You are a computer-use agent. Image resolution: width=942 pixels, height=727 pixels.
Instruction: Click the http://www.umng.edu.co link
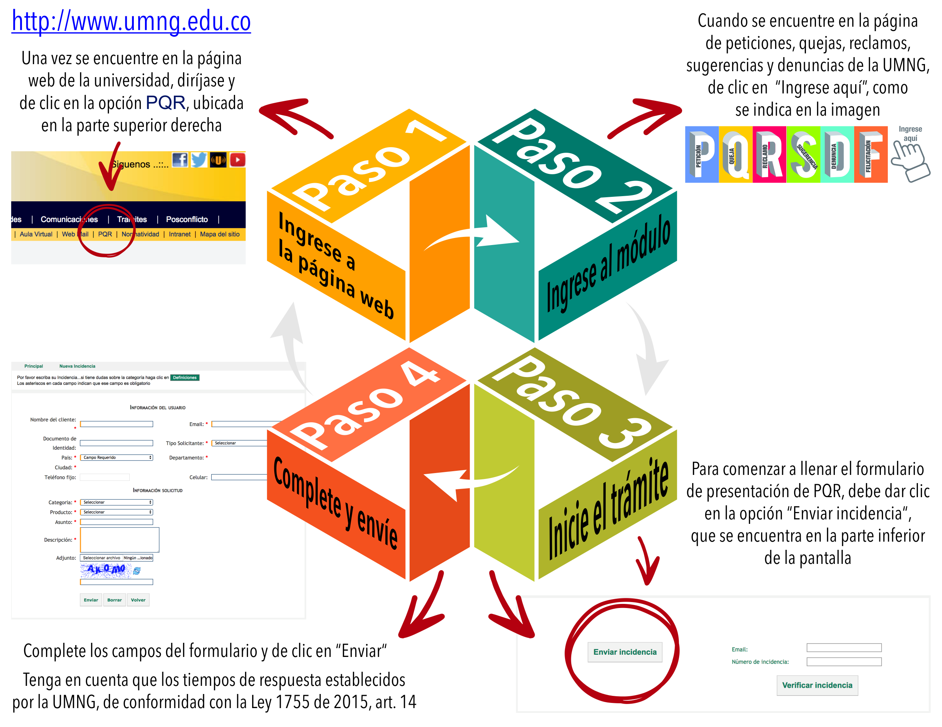pos(131,22)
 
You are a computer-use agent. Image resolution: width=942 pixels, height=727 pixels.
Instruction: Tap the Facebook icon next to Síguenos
pos(180,160)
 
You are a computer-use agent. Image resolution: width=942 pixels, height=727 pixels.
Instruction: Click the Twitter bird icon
pos(199,160)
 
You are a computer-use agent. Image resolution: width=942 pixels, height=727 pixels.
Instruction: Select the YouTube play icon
pos(237,160)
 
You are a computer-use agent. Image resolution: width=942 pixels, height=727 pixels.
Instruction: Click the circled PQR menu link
pos(105,234)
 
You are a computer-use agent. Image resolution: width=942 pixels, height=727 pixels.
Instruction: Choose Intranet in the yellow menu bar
pos(179,234)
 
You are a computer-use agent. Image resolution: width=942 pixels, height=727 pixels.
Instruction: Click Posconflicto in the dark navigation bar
pos(187,219)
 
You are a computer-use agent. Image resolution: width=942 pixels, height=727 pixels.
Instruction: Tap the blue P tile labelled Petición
pos(702,155)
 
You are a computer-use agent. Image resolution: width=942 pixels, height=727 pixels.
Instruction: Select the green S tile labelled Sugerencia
pos(803,155)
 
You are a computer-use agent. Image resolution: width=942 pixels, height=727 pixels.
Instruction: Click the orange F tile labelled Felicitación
pos(870,155)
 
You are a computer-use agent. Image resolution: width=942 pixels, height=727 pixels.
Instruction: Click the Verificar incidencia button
pos(817,685)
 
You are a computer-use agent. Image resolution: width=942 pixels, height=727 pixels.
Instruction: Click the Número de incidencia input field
pos(844,661)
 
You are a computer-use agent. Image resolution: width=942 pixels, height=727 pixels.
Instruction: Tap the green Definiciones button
pos(185,377)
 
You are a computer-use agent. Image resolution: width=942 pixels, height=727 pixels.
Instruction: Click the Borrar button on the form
pos(114,600)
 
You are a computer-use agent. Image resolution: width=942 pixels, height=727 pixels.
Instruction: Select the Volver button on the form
pos(138,600)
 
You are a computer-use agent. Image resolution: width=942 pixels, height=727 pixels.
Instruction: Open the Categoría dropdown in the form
pos(116,502)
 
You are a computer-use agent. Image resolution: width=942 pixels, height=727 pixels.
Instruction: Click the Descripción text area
pos(119,539)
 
